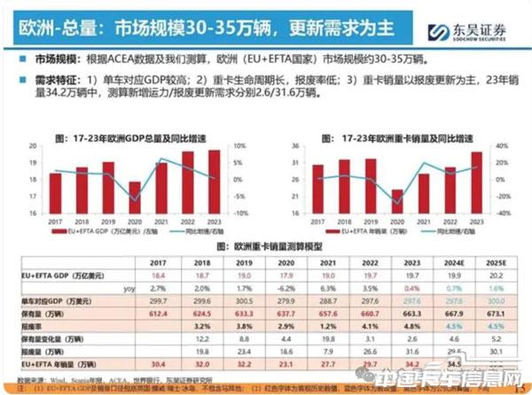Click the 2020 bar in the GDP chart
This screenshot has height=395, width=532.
[x=135, y=197]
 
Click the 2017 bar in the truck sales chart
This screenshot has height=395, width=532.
[x=318, y=189]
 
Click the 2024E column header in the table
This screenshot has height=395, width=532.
[x=452, y=263]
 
